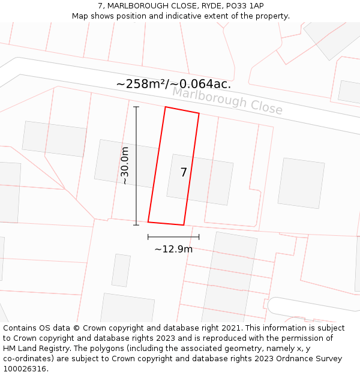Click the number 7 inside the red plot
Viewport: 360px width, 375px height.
[184, 172]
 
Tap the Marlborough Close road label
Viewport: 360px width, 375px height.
[227, 100]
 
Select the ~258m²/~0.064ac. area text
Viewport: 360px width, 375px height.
[173, 84]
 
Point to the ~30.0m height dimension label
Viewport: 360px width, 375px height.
[124, 166]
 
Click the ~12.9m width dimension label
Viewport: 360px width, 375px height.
[173, 249]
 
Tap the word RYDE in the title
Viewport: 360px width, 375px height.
[208, 6]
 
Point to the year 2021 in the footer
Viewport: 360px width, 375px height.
[230, 328]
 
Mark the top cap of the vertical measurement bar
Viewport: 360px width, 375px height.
[136, 107]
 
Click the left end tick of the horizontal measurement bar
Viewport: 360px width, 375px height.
[148, 237]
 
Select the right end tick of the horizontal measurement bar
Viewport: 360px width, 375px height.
[199, 237]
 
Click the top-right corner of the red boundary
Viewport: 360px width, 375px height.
[199, 113]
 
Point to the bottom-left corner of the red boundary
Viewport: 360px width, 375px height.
[148, 221]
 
